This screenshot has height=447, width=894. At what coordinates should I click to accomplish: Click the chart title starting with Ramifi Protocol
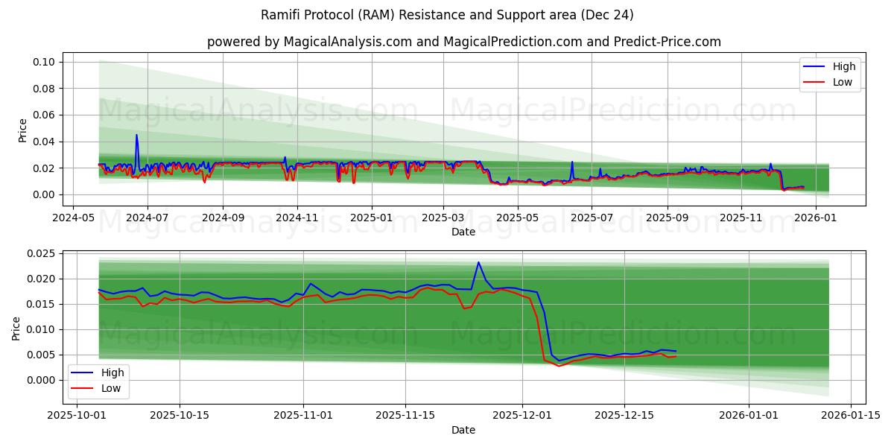[447, 15]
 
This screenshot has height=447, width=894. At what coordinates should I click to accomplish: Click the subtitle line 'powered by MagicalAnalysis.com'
[463, 42]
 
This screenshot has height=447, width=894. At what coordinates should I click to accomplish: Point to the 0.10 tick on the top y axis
[44, 62]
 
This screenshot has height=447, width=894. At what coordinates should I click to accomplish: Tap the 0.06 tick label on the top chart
[44, 115]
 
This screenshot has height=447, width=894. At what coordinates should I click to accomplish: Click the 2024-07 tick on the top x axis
[147, 218]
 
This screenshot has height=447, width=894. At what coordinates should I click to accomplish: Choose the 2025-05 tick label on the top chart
[518, 218]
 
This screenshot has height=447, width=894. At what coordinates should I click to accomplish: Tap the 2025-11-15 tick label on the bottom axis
[405, 416]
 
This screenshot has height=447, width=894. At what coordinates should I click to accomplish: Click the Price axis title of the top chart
[22, 130]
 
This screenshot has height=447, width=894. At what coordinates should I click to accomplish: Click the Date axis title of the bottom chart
[463, 430]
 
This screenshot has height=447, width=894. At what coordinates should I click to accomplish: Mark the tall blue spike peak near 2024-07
[136, 135]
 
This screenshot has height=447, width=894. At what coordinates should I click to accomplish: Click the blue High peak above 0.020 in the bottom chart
[478, 262]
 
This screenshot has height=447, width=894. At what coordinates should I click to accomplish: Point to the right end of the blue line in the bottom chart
[676, 351]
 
